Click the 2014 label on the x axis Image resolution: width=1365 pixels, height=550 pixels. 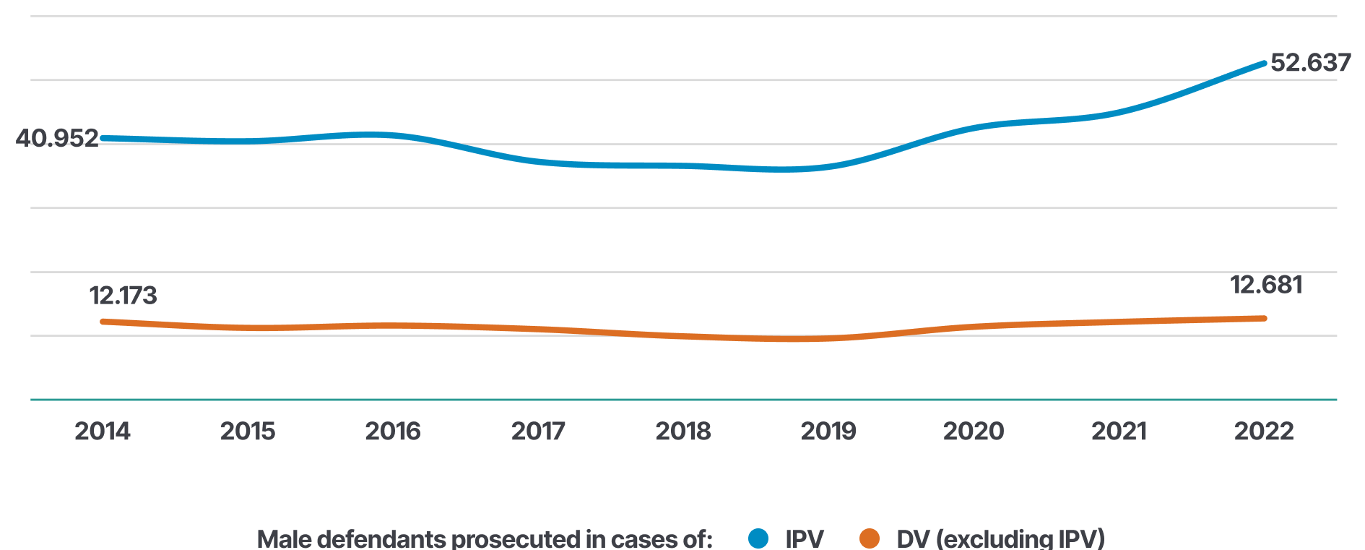[x=103, y=431]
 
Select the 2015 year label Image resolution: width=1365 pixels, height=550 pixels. [x=248, y=431]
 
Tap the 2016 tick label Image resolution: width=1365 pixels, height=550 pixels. [x=393, y=431]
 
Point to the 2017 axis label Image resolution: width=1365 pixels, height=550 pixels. [x=538, y=431]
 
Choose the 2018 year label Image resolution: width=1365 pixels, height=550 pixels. [x=683, y=431]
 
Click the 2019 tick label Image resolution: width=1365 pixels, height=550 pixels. [x=828, y=431]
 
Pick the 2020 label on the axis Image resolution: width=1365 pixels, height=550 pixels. [x=974, y=431]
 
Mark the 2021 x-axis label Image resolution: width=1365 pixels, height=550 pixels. [x=1119, y=431]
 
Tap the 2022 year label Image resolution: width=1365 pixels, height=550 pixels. [x=1264, y=431]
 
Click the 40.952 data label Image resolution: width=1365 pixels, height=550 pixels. [x=57, y=138]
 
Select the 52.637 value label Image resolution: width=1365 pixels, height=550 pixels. [x=1311, y=63]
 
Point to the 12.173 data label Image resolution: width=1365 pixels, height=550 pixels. [x=123, y=296]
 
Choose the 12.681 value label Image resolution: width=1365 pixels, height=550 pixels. [x=1266, y=285]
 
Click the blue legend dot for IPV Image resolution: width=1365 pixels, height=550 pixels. [x=758, y=538]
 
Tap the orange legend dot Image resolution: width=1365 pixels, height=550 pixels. [x=870, y=538]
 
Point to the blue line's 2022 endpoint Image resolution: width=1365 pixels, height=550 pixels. [x=1264, y=64]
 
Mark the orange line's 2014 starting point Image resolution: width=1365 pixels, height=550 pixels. [x=103, y=321]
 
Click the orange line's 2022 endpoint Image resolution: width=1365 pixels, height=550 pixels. [x=1264, y=318]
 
